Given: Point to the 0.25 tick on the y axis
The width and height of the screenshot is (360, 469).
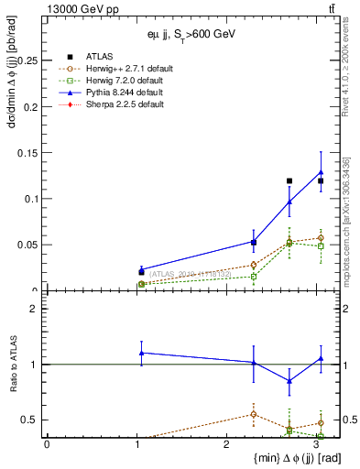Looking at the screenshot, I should tap(28, 60).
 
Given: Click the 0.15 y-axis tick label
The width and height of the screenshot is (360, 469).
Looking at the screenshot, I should tap(28, 153).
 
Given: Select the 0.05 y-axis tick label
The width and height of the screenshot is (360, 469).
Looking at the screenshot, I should tap(28, 245).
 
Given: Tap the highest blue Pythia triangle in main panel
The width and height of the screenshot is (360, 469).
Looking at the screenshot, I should tap(321, 172).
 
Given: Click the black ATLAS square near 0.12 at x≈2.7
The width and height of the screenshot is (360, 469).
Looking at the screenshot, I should tap(289, 181).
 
